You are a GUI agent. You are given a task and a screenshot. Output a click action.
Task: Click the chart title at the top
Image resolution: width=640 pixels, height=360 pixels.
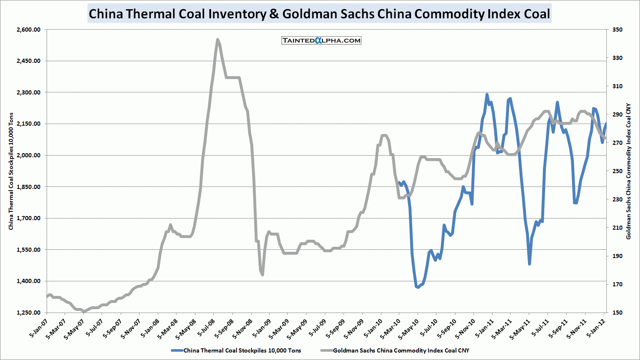(x=319, y=14)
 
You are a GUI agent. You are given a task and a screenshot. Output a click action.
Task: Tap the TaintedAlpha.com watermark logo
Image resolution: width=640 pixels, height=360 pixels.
(x=321, y=40)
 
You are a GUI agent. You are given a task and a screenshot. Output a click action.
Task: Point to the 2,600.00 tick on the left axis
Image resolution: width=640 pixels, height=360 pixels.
(x=29, y=30)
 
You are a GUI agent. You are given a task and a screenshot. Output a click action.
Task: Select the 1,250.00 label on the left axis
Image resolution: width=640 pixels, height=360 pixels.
(x=29, y=313)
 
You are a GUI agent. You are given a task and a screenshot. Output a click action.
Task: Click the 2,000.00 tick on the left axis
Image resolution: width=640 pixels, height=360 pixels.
(x=29, y=155)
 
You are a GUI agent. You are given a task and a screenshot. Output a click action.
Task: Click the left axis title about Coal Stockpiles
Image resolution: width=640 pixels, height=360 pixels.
(x=11, y=171)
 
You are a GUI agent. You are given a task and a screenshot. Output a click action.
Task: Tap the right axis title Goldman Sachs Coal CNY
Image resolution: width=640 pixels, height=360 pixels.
(x=629, y=171)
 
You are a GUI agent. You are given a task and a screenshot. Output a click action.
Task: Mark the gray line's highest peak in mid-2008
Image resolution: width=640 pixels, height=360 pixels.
(x=218, y=40)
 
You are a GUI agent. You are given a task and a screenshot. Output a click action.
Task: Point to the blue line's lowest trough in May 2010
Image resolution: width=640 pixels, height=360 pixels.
(x=417, y=287)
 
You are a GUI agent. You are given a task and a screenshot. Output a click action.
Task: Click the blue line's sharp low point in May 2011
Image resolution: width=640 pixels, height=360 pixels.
(x=529, y=264)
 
